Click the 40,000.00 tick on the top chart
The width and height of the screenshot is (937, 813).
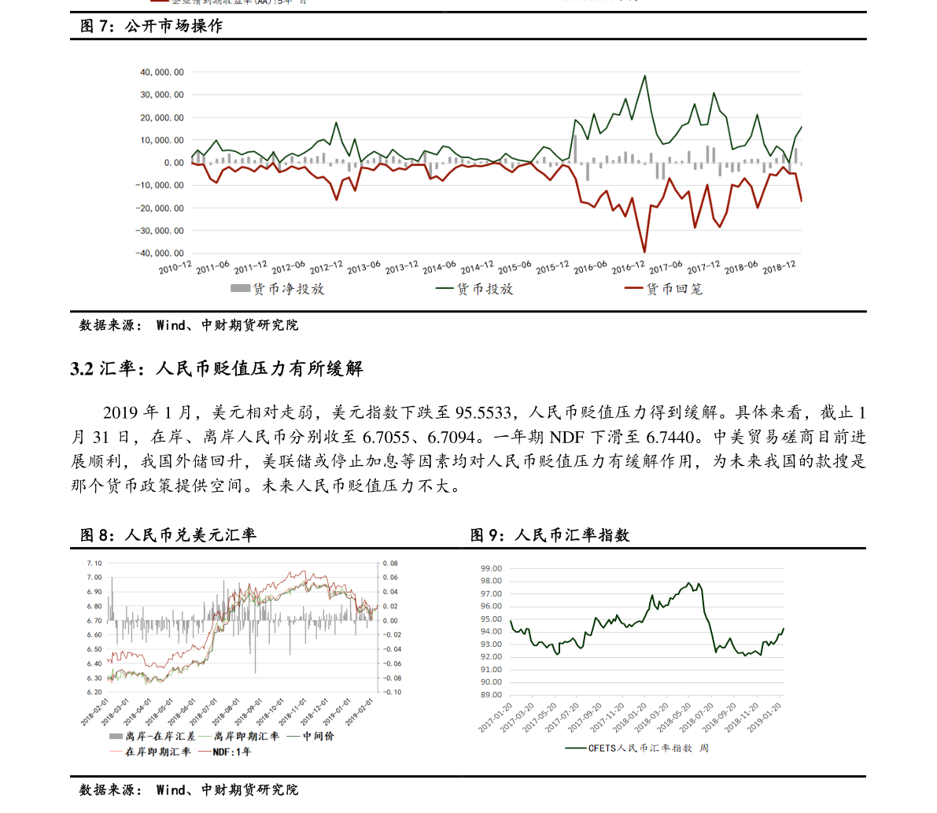pyautogui.click(x=162, y=72)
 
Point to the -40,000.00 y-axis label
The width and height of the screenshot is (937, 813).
pyautogui.click(x=160, y=253)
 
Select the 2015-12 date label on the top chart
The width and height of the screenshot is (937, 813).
pyautogui.click(x=553, y=268)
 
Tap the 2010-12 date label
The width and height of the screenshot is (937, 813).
pyautogui.click(x=175, y=268)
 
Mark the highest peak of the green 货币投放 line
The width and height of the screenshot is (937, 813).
pyautogui.click(x=645, y=76)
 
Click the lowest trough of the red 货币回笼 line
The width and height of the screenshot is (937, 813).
pyautogui.click(x=645, y=252)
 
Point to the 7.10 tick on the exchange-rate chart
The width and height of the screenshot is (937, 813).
pyautogui.click(x=94, y=564)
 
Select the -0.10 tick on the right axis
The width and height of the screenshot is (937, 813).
pyautogui.click(x=391, y=693)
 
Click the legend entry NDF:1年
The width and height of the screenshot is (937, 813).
pyautogui.click(x=235, y=752)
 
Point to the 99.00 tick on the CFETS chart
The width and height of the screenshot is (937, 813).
pyautogui.click(x=492, y=568)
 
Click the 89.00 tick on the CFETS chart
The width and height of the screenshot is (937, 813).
pyautogui.click(x=492, y=695)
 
